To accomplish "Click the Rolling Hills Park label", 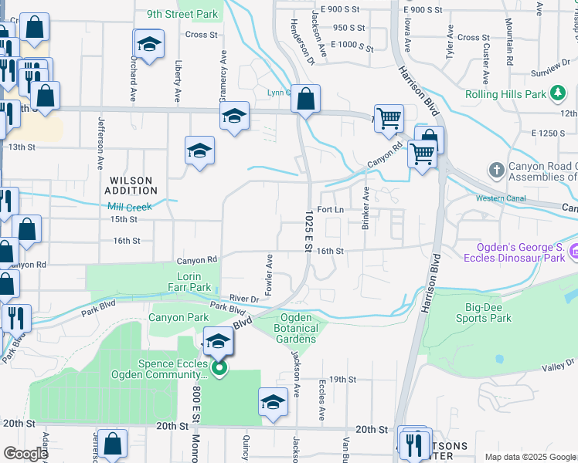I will (x=506, y=95).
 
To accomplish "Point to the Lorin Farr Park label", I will (x=189, y=282).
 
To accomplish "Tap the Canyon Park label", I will (x=178, y=317).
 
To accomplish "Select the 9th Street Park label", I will (x=184, y=14).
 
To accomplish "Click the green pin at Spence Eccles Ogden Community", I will (x=219, y=368).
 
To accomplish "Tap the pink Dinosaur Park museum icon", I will (x=573, y=252).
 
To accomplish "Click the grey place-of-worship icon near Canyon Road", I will (x=497, y=168).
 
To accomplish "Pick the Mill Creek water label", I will (x=130, y=206).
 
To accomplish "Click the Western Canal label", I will (x=501, y=198).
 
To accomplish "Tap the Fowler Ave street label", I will (x=270, y=273).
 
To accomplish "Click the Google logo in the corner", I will (x=25, y=454).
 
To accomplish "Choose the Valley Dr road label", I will (x=560, y=365).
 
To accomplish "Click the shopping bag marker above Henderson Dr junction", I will (x=307, y=99).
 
